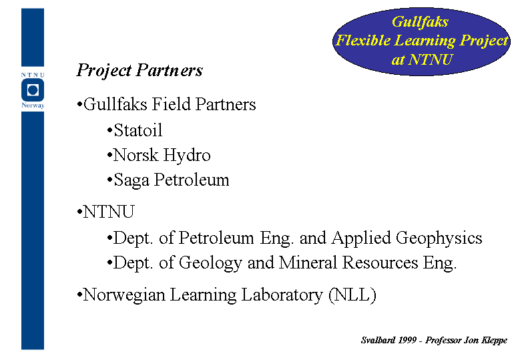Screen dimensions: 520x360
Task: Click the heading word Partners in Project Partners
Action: click(x=170, y=70)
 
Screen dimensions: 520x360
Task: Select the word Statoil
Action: click(x=138, y=130)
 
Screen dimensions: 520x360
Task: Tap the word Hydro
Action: click(x=187, y=156)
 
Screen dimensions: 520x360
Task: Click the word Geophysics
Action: click(x=439, y=238)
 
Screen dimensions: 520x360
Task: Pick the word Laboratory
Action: click(x=282, y=295)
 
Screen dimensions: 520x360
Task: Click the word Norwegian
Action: click(x=124, y=295)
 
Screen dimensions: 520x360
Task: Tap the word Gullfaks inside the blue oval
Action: click(x=420, y=22)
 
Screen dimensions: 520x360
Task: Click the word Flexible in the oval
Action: click(x=363, y=41)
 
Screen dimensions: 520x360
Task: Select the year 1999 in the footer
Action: click(x=407, y=340)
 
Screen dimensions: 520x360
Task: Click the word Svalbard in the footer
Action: click(x=378, y=340)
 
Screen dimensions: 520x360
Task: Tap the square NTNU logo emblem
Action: click(x=33, y=90)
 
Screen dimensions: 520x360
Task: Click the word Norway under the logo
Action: click(x=33, y=106)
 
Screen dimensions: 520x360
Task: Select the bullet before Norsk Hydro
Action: click(x=109, y=156)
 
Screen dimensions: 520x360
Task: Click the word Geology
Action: click(x=210, y=263)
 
